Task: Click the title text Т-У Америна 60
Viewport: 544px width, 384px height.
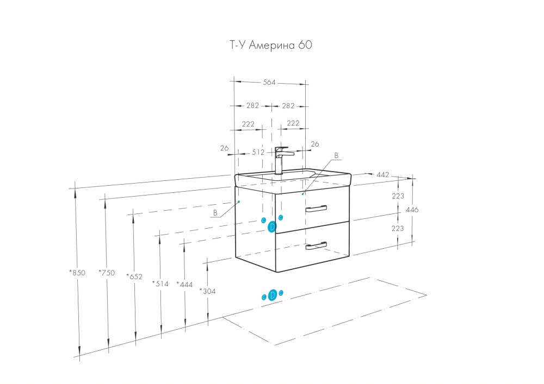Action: [x=270, y=46]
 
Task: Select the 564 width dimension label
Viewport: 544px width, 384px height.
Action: [x=269, y=83]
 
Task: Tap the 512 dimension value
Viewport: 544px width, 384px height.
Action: [x=258, y=153]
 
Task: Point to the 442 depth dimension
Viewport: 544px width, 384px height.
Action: [x=382, y=174]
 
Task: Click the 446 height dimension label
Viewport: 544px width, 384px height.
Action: [x=414, y=209]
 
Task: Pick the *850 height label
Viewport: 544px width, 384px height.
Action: [x=77, y=273]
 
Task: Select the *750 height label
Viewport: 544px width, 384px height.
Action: [x=107, y=273]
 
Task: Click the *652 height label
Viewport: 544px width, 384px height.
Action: [x=134, y=276]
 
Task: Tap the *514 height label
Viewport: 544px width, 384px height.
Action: [x=160, y=283]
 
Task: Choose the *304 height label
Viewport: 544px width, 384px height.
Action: [x=207, y=291]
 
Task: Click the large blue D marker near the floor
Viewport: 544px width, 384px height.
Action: [x=273, y=295]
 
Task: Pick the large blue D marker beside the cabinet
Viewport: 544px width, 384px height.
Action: [x=273, y=228]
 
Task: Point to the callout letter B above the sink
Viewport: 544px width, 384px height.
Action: [x=336, y=155]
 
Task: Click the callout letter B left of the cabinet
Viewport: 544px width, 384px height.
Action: [x=215, y=213]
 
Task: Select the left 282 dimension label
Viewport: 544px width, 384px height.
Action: [x=252, y=106]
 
